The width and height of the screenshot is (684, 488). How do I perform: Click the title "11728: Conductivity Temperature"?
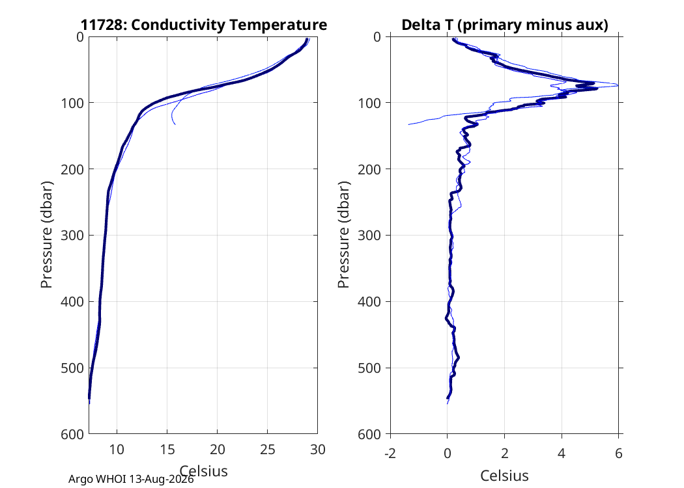(x=204, y=25)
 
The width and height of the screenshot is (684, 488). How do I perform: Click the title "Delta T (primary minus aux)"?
(x=505, y=25)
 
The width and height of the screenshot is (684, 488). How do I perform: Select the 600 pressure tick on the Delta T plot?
(x=369, y=435)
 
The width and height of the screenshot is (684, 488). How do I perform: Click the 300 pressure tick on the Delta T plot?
(x=369, y=236)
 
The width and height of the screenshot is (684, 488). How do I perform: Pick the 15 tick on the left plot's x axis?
(x=167, y=450)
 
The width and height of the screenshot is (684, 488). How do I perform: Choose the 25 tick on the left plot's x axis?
(x=267, y=450)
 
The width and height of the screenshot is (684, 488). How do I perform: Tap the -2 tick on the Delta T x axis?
(x=390, y=454)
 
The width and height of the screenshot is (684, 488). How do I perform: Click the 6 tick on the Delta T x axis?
(x=619, y=454)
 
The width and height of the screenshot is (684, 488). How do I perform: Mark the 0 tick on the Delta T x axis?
(x=448, y=454)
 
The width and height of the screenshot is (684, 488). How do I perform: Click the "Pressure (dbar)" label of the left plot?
(x=46, y=235)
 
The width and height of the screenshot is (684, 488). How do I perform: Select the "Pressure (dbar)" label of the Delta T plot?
(x=344, y=235)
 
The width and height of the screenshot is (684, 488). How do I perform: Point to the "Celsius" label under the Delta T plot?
(x=505, y=476)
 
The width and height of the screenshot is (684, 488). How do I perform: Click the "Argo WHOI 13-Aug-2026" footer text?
(x=131, y=480)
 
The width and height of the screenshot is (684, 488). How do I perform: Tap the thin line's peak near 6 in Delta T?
(x=618, y=85)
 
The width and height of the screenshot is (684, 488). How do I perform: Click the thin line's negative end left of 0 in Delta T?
(x=408, y=125)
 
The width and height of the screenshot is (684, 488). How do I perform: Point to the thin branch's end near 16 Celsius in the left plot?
(x=175, y=125)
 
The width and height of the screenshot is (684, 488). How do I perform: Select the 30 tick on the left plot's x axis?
(x=318, y=450)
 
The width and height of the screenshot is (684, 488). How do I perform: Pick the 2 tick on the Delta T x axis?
(x=505, y=454)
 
